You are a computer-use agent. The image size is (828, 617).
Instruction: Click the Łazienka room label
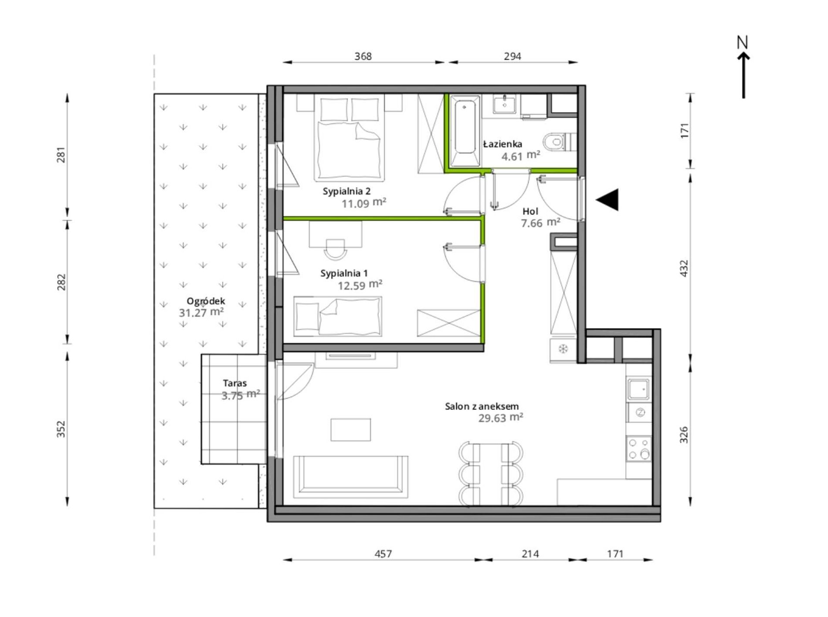coord(502,144)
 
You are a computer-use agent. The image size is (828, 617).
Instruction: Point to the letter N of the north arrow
coord(743,42)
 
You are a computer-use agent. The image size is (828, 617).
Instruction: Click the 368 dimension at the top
coord(363,56)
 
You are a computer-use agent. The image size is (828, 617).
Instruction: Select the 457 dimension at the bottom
coord(383,554)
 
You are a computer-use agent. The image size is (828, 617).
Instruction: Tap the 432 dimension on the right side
coord(684,268)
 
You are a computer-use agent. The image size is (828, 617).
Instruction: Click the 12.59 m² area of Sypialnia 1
coord(360,285)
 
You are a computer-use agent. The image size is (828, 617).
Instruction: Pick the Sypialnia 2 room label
coord(346,191)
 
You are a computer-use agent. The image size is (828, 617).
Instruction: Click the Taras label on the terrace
coord(235,383)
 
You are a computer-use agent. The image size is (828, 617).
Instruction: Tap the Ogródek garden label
coord(206,301)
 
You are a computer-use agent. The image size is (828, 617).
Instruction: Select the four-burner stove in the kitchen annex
coord(639,449)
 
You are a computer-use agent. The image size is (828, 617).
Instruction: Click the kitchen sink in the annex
coord(639,389)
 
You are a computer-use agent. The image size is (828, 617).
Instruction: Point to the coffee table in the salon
coord(351,430)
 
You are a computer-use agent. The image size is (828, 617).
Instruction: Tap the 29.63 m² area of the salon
coord(501,418)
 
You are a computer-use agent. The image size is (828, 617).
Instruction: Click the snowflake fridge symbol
coord(563,349)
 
